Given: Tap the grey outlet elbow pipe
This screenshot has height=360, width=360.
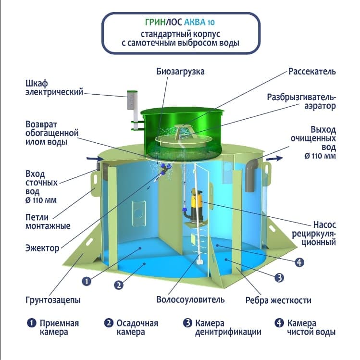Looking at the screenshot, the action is click(252, 175).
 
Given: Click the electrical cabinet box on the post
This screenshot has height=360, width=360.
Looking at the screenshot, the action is click(132, 100).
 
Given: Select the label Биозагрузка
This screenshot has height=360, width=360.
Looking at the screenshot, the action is click(180, 72).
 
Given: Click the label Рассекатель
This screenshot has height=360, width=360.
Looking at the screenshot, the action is click(312, 72).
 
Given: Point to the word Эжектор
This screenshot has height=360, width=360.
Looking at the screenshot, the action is click(42, 248).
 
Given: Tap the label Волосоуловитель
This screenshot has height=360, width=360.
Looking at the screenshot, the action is click(190, 299).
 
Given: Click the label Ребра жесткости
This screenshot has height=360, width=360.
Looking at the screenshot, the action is click(278, 300).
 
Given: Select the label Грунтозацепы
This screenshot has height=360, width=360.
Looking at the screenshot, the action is click(53, 300).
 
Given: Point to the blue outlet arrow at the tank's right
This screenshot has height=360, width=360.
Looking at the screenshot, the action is click(274, 158).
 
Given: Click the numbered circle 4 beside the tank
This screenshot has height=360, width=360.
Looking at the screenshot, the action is click(299, 262).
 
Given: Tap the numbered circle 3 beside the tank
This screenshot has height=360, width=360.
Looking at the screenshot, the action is click(279, 278).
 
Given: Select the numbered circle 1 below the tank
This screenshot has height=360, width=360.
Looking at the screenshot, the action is click(87, 281).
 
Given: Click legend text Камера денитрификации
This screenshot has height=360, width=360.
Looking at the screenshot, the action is click(228, 328).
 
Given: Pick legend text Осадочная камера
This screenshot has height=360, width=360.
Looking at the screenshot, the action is click(137, 328).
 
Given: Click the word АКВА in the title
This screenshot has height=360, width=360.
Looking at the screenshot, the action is click(195, 22).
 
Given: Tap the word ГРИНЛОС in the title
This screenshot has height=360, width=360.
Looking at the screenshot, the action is click(164, 22).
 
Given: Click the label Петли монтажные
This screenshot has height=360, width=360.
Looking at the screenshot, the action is click(48, 222).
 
